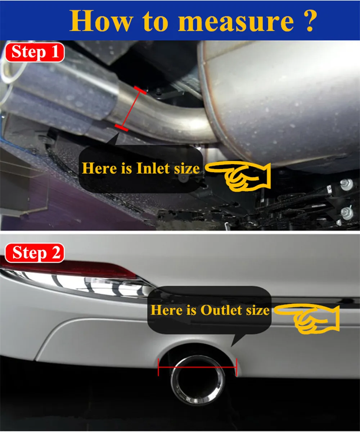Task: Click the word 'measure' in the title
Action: (236, 22)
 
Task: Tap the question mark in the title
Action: (309, 21)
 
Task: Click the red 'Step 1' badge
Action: (35, 52)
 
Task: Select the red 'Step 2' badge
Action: (35, 253)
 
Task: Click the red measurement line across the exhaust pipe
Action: (131, 109)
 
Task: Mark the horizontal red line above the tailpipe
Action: (198, 367)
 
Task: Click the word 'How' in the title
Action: (101, 21)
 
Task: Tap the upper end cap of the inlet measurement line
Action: (140, 90)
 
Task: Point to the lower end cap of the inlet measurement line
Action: (121, 128)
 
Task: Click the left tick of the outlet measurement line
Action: (158, 367)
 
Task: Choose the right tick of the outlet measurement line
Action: (237, 367)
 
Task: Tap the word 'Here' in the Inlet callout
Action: (99, 168)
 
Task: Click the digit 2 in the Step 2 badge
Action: (56, 253)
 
